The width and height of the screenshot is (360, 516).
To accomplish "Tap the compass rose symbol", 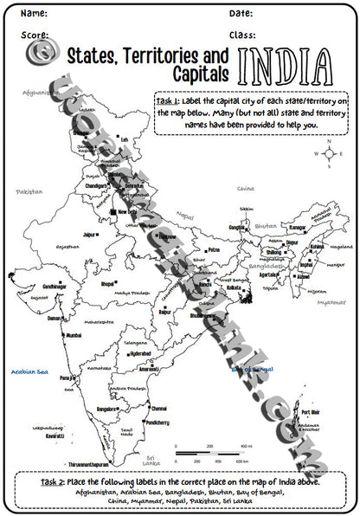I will coord(328,155).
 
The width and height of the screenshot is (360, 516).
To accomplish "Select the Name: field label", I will coord(34,14).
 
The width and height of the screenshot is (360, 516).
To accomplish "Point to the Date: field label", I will coord(241,14).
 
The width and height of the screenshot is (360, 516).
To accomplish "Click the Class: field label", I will coord(243,35).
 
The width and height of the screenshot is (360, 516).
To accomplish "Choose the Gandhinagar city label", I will coord(52,286).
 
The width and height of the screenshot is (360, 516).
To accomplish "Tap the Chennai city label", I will coord(158,408).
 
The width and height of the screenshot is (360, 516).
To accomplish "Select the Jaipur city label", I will coord(88,234).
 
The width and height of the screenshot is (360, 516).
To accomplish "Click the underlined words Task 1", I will coord(167,101).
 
